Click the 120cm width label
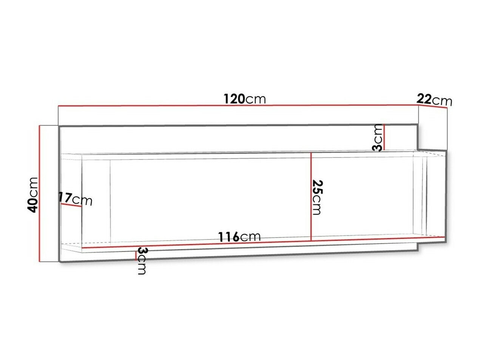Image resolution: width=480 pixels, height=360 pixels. point(245,99)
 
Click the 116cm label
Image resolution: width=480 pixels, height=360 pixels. point(239,237)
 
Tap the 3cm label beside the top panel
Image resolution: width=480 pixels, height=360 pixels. point(378,138)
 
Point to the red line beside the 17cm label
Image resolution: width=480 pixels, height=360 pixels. point(71,205)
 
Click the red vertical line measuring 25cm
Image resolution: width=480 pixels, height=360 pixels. point(310,196)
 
